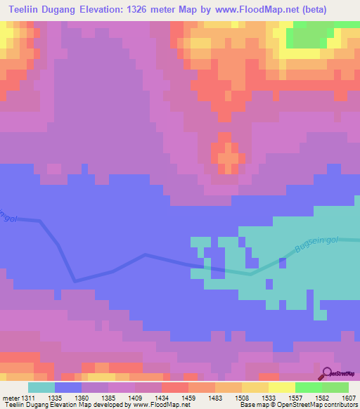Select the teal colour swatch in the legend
[x=41, y=387]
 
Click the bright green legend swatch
[x=309, y=387]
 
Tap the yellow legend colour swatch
[x=282, y=387]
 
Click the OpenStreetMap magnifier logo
[x=327, y=373]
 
